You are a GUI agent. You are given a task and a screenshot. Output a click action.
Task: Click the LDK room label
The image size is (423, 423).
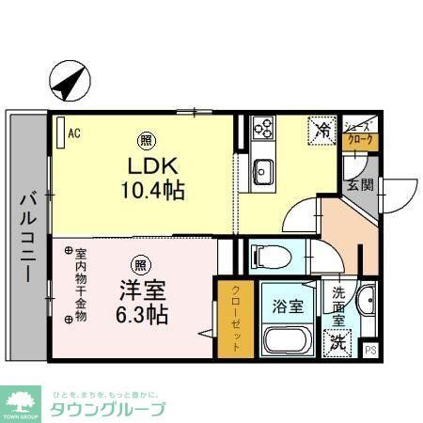149,166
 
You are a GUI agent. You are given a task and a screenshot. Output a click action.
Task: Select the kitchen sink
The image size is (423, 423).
262,170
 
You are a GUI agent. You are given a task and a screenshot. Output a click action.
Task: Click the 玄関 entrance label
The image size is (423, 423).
358,184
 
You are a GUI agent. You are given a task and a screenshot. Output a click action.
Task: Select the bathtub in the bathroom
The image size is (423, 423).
288,340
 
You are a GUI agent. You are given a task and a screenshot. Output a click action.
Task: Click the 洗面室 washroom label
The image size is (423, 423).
337,305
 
